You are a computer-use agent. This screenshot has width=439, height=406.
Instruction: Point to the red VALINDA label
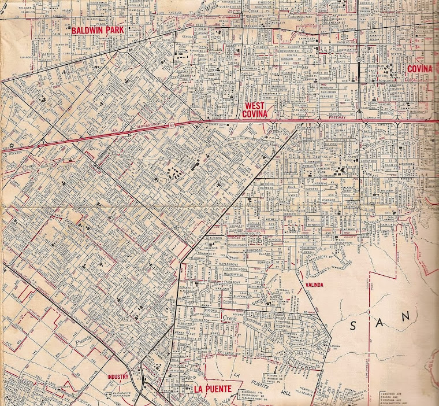coord(312,285)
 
